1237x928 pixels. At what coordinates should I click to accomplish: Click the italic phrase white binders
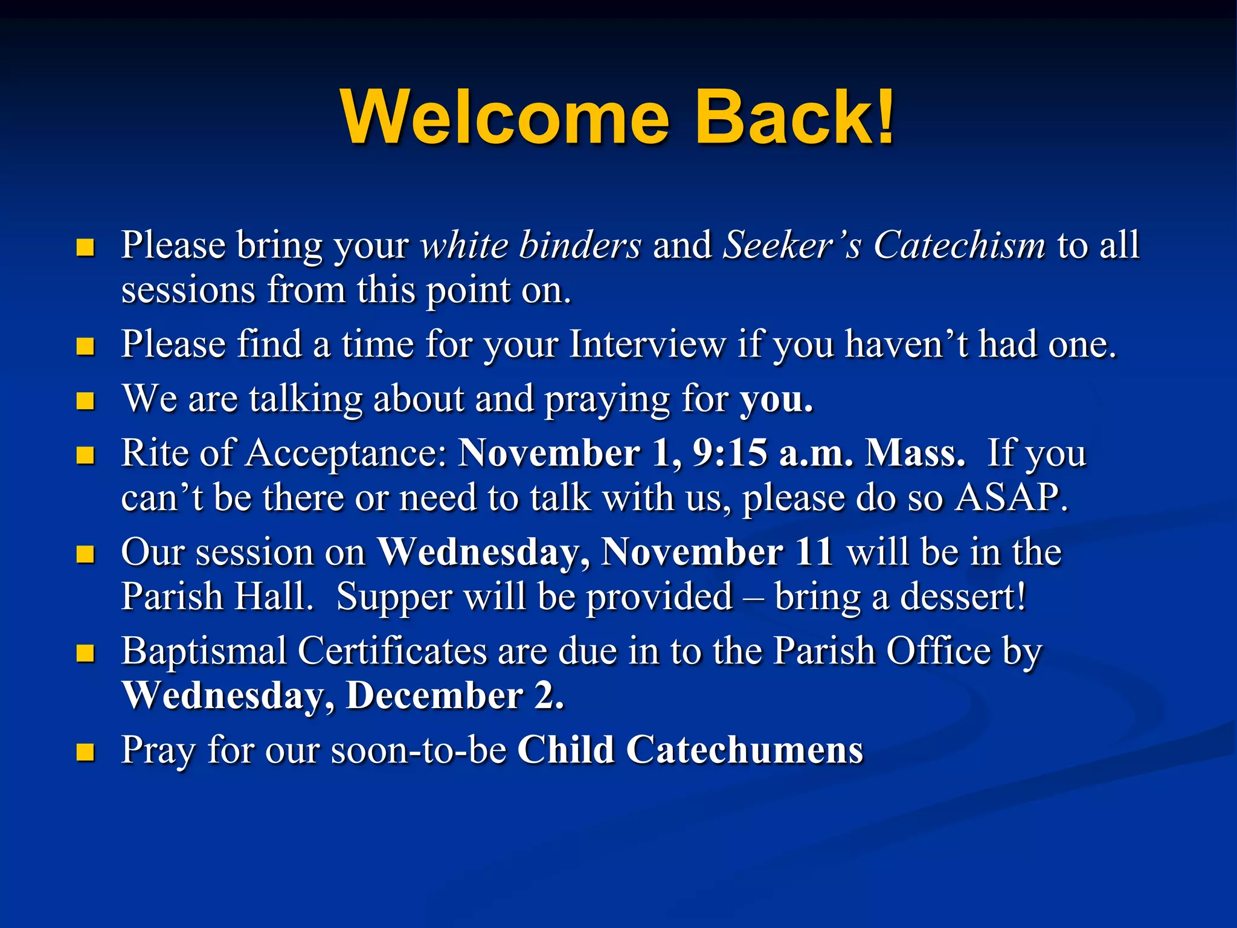pos(531,245)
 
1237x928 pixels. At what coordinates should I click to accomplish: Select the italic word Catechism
pos(959,245)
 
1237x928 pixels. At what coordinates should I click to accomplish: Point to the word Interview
pos(647,344)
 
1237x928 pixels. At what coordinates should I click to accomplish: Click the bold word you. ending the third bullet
pos(777,400)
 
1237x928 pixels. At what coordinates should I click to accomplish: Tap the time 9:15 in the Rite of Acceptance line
pos(730,453)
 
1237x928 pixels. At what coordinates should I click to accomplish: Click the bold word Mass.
pos(914,453)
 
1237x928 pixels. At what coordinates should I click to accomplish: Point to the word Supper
pos(394,597)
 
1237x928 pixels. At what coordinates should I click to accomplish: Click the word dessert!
pos(963,597)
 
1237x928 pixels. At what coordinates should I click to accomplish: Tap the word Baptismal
pos(204,651)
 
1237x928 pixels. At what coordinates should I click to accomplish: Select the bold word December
pos(434,696)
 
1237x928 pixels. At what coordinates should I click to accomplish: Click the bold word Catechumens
pos(744,750)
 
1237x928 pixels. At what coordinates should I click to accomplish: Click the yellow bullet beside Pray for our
pos(86,752)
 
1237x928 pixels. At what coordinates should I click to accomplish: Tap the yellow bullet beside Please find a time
pos(86,346)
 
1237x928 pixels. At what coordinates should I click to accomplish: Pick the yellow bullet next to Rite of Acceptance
pos(86,455)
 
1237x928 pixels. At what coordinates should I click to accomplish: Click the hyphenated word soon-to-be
pos(418,750)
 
